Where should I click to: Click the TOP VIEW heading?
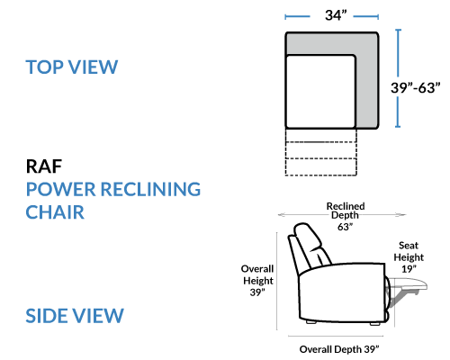point(72,67)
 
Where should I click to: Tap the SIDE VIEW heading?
point(75,316)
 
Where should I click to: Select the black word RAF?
point(44,166)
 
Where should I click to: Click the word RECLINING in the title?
point(150,189)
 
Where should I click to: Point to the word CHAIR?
point(55,212)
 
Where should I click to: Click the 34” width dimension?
point(336,15)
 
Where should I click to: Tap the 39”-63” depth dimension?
point(416,88)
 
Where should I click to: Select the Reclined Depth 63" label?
point(346,216)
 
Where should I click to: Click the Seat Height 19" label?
point(409,257)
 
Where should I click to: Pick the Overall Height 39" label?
point(257,281)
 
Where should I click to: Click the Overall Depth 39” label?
point(339,349)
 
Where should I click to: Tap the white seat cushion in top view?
point(320,92)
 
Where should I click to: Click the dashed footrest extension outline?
point(320,152)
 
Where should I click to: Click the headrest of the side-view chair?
point(309,237)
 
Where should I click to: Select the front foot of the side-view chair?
point(375,323)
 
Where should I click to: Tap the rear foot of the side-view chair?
point(311,322)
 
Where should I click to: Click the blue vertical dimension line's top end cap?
point(398,30)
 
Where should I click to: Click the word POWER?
point(61,189)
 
